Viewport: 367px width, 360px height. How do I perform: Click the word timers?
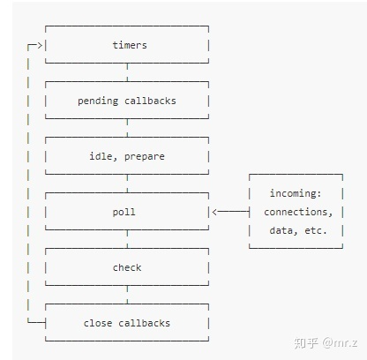coord(130,45)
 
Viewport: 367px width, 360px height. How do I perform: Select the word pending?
coord(98,101)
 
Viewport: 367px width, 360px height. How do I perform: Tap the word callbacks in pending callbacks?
coord(150,101)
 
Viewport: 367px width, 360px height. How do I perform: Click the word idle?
coord(101,156)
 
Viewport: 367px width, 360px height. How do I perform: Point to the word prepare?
coord(145,157)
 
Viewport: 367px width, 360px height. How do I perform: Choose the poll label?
coord(124,212)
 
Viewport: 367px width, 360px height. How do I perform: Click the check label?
coord(127,267)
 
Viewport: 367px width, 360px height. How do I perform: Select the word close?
coord(98,323)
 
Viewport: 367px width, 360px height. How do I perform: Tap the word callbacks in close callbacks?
coord(145,323)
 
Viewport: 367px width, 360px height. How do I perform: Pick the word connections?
coord(298,212)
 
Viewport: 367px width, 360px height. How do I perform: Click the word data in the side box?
coord(281,230)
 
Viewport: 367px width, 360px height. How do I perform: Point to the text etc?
coord(316,230)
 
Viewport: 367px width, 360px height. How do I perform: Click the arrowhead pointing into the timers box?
coord(41,45)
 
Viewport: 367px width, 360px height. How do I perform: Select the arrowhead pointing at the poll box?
coord(214,212)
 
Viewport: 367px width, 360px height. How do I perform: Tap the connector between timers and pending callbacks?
coord(127,72)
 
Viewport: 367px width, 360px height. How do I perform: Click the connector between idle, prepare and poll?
coord(127,184)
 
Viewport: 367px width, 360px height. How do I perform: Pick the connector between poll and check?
coord(127,239)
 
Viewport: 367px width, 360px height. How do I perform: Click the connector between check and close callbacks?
coord(127,295)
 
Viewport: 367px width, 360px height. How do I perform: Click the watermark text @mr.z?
coord(340,342)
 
